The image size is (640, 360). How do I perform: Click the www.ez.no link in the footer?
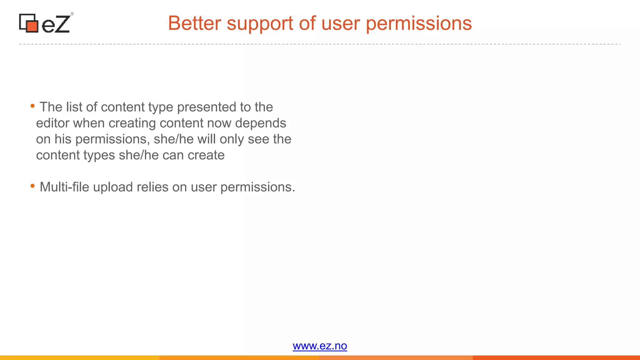[320, 346]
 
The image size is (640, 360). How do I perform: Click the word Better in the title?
[195, 23]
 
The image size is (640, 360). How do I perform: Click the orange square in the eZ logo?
[32, 26]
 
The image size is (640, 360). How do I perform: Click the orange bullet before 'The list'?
[32, 106]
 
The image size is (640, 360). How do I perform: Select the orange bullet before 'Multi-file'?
[32, 186]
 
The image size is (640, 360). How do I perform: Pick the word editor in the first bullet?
[52, 123]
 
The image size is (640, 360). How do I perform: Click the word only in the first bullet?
[232, 139]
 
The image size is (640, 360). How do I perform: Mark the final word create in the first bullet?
[206, 155]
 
